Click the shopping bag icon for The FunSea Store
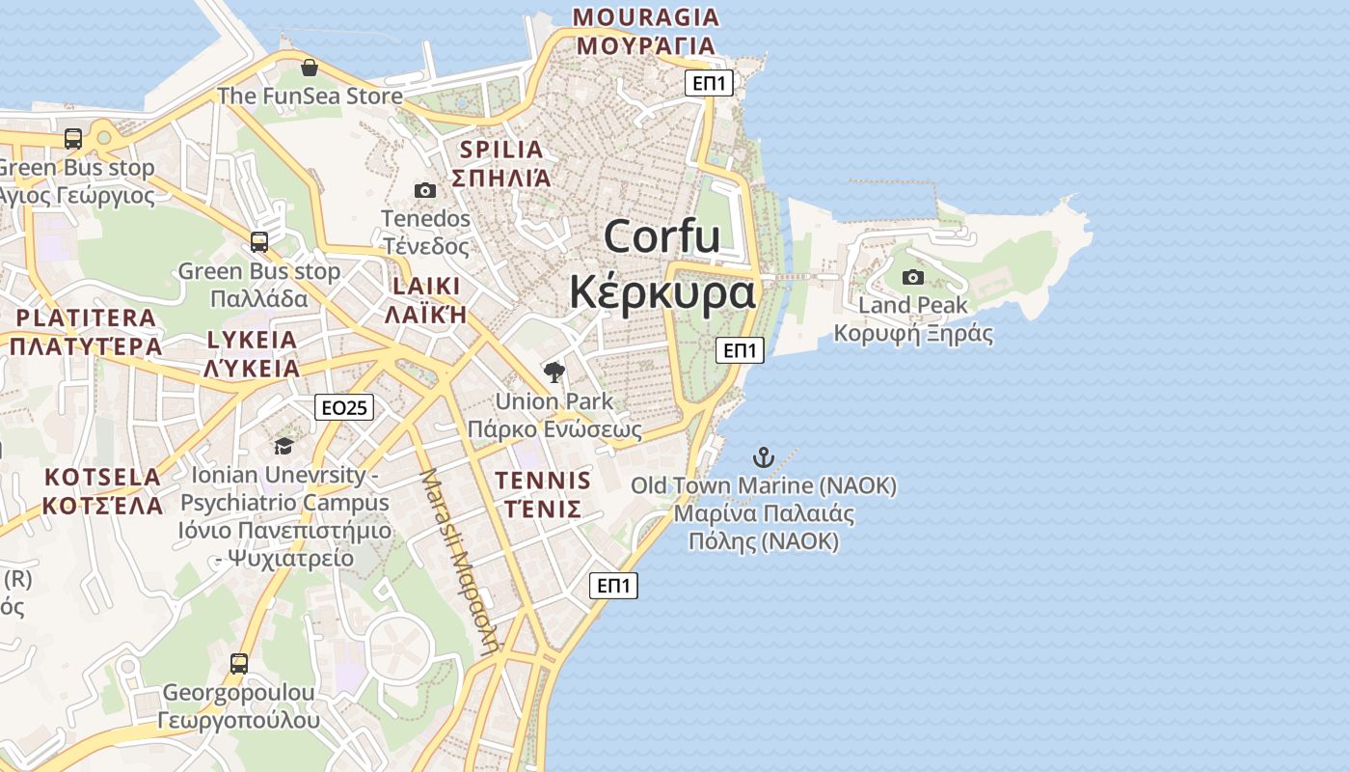(309, 68)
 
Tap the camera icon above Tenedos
(424, 190)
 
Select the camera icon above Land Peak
(912, 278)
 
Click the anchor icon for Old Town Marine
(764, 456)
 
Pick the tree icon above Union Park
(553, 372)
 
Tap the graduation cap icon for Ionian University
(283, 446)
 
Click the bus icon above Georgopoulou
(239, 664)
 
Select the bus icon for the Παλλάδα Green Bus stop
(259, 241)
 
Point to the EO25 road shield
(344, 408)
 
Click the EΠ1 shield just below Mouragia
(709, 83)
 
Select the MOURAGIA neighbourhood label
(645, 17)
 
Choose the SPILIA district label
(501, 150)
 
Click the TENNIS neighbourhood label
(543, 481)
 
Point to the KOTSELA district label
(102, 477)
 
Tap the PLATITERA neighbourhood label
(86, 317)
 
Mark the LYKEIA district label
(252, 340)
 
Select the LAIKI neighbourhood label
(425, 287)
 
